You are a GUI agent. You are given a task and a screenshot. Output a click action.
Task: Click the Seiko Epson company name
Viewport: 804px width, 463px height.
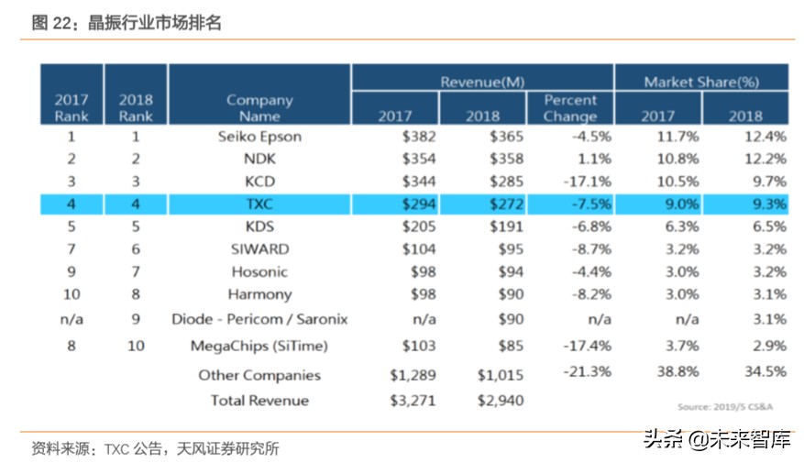click(x=259, y=137)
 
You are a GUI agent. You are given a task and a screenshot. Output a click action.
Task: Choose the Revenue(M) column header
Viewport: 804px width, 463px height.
click(x=482, y=82)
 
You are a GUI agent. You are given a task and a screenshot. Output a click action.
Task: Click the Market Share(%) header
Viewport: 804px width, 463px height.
click(x=700, y=82)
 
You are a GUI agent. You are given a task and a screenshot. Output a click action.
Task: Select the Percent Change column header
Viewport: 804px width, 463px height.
click(x=569, y=107)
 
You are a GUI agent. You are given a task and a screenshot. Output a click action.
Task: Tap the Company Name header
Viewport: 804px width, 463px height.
click(x=259, y=107)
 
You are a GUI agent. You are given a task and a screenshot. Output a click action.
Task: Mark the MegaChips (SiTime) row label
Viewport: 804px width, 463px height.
click(x=259, y=346)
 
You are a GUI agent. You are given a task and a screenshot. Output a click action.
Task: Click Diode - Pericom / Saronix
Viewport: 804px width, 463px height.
click(x=259, y=319)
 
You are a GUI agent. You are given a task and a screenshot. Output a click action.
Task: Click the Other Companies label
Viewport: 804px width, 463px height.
click(x=259, y=375)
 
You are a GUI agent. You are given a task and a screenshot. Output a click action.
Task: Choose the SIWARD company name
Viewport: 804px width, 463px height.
click(x=259, y=248)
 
